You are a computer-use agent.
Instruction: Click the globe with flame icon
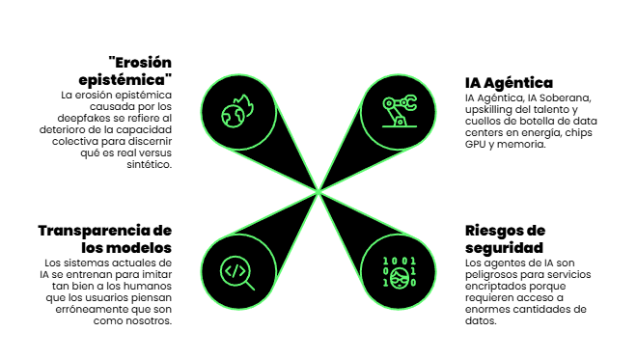coord(236,109)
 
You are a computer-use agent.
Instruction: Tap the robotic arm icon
coord(397,109)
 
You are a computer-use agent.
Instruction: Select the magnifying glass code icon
coord(236,271)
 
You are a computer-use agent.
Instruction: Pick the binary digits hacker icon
coord(400,271)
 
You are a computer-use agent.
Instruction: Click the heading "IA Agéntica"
coord(509,83)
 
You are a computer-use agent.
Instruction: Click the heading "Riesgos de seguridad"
coord(505,238)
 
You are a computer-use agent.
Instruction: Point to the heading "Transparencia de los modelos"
coord(104,238)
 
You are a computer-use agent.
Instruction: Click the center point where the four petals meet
coord(318,190)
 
